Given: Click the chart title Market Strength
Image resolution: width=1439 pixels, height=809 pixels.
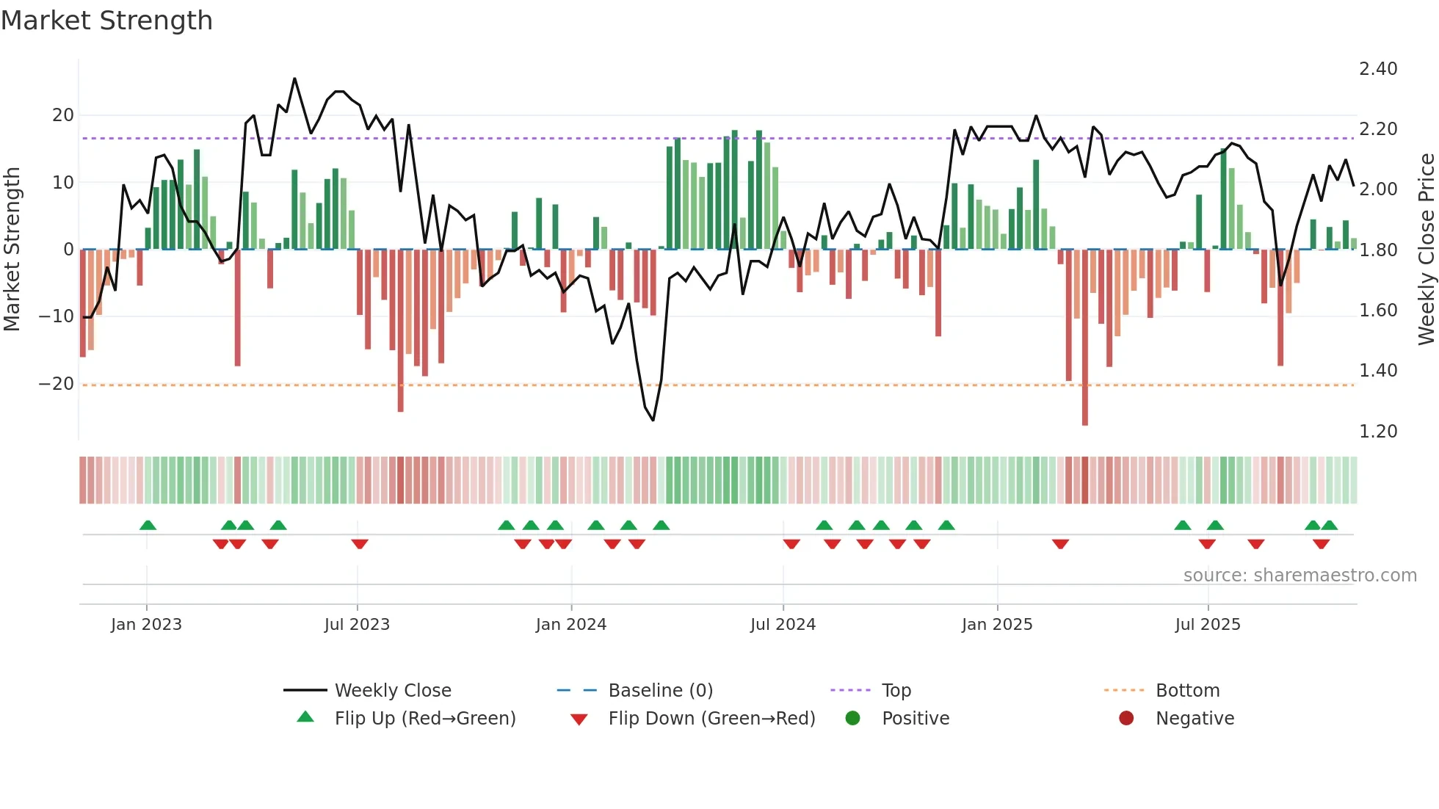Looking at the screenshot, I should (x=106, y=21).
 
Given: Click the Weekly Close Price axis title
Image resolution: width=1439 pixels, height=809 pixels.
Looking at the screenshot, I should (x=1426, y=249).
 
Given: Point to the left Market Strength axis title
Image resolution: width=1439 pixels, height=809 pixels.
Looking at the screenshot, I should (x=12, y=249).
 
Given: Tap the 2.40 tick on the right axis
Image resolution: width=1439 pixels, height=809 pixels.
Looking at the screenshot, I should (x=1377, y=69).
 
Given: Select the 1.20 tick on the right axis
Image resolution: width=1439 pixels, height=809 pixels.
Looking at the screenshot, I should (x=1377, y=432).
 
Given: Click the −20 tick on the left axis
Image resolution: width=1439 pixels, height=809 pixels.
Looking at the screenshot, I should (x=57, y=384).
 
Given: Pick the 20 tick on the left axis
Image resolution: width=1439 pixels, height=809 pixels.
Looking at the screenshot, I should (x=63, y=115).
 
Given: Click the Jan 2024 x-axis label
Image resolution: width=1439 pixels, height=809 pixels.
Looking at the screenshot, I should (x=570, y=625).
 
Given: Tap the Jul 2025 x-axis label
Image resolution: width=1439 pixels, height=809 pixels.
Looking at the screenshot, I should (x=1207, y=625).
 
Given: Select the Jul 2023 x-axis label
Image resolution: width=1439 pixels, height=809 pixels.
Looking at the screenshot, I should (x=357, y=625).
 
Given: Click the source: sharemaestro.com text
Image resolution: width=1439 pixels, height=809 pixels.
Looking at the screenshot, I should (x=1300, y=576).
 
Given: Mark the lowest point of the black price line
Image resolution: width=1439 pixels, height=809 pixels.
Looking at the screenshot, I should (x=653, y=420).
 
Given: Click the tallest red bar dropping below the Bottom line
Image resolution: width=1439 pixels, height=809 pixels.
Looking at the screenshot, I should (x=1084, y=411).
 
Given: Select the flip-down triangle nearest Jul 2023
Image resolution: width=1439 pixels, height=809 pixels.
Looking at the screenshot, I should (x=359, y=544).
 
